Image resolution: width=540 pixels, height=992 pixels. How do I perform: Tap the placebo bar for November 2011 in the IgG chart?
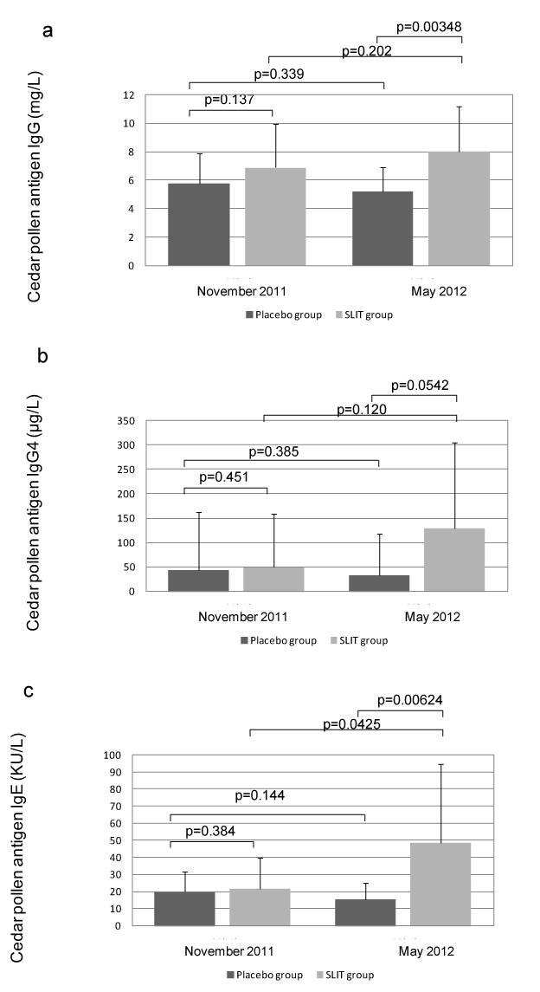tap(199, 224)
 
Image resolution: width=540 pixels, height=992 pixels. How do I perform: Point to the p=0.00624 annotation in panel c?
tap(414, 700)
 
